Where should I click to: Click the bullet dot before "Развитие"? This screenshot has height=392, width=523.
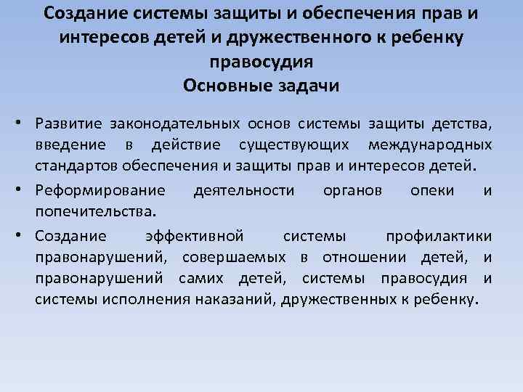25,120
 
